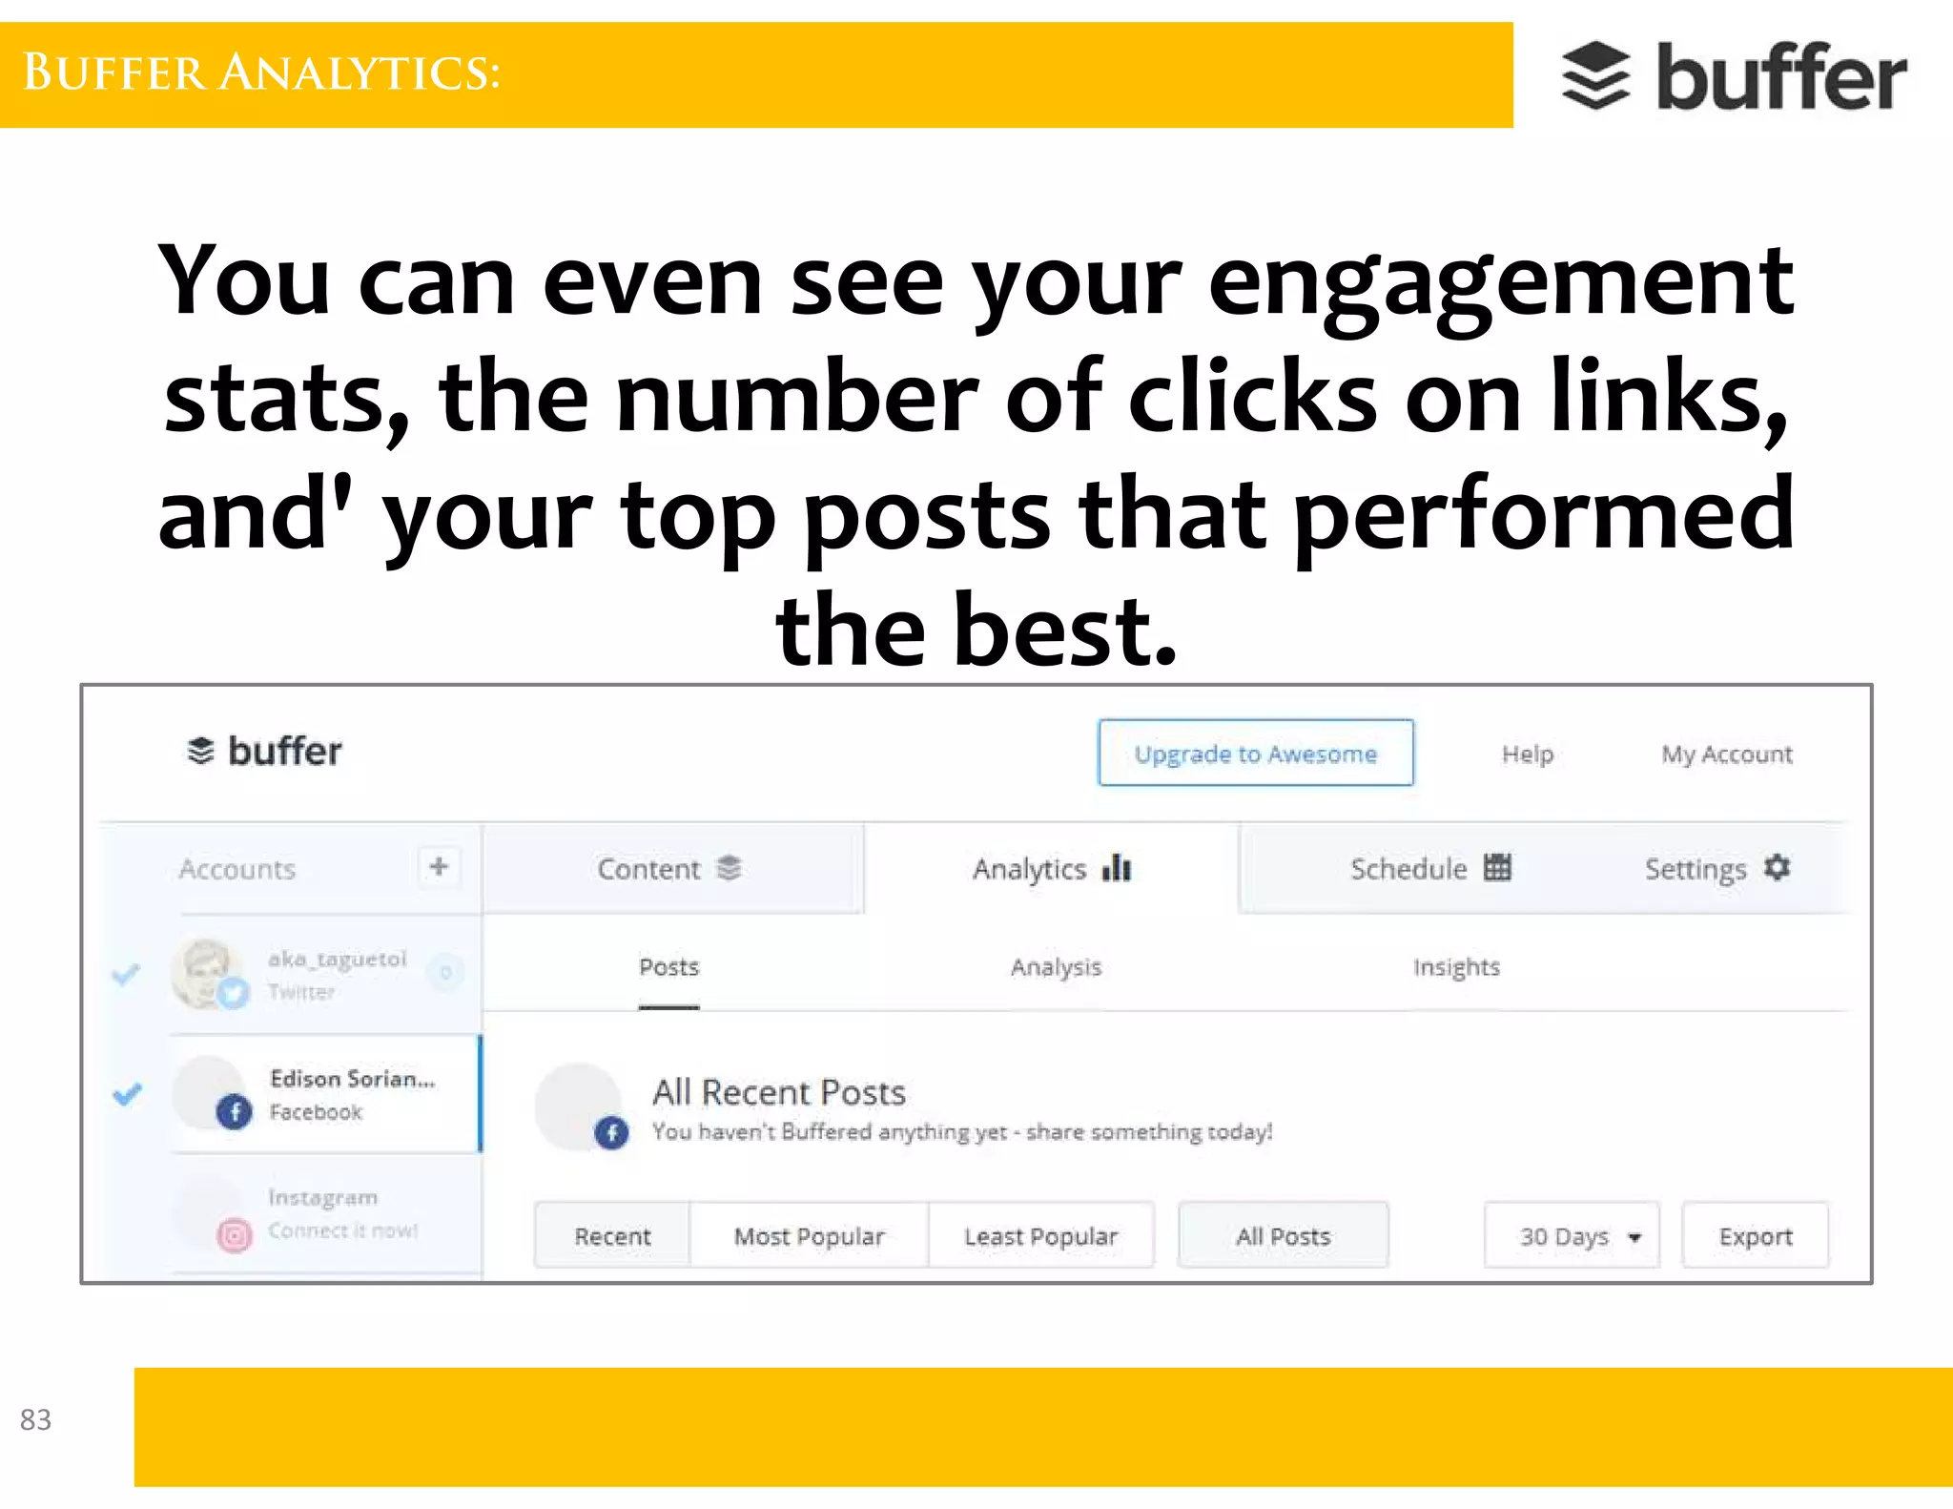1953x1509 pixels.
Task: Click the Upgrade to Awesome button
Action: tap(1255, 754)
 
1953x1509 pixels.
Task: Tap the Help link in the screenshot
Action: tap(1527, 754)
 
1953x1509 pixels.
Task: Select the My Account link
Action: tap(1726, 754)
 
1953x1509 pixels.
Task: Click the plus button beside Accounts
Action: tap(439, 867)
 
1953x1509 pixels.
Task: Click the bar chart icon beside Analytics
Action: tap(1116, 868)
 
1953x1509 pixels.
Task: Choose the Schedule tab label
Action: tap(1408, 869)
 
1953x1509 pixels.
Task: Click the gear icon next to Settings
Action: tap(1777, 868)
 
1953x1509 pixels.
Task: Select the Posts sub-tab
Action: tap(668, 967)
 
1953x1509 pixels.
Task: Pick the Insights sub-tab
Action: tap(1456, 967)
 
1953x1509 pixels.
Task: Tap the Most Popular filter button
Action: tap(809, 1236)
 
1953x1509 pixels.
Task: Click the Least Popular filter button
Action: tap(1040, 1236)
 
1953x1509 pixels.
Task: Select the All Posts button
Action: tap(1283, 1236)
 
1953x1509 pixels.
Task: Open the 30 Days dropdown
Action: tap(1572, 1236)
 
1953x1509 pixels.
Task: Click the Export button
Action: tap(1755, 1236)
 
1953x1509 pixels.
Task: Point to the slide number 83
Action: tap(35, 1419)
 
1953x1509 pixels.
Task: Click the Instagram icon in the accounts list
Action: tap(234, 1235)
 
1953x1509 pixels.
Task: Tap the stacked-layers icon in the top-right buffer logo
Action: tap(1595, 76)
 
